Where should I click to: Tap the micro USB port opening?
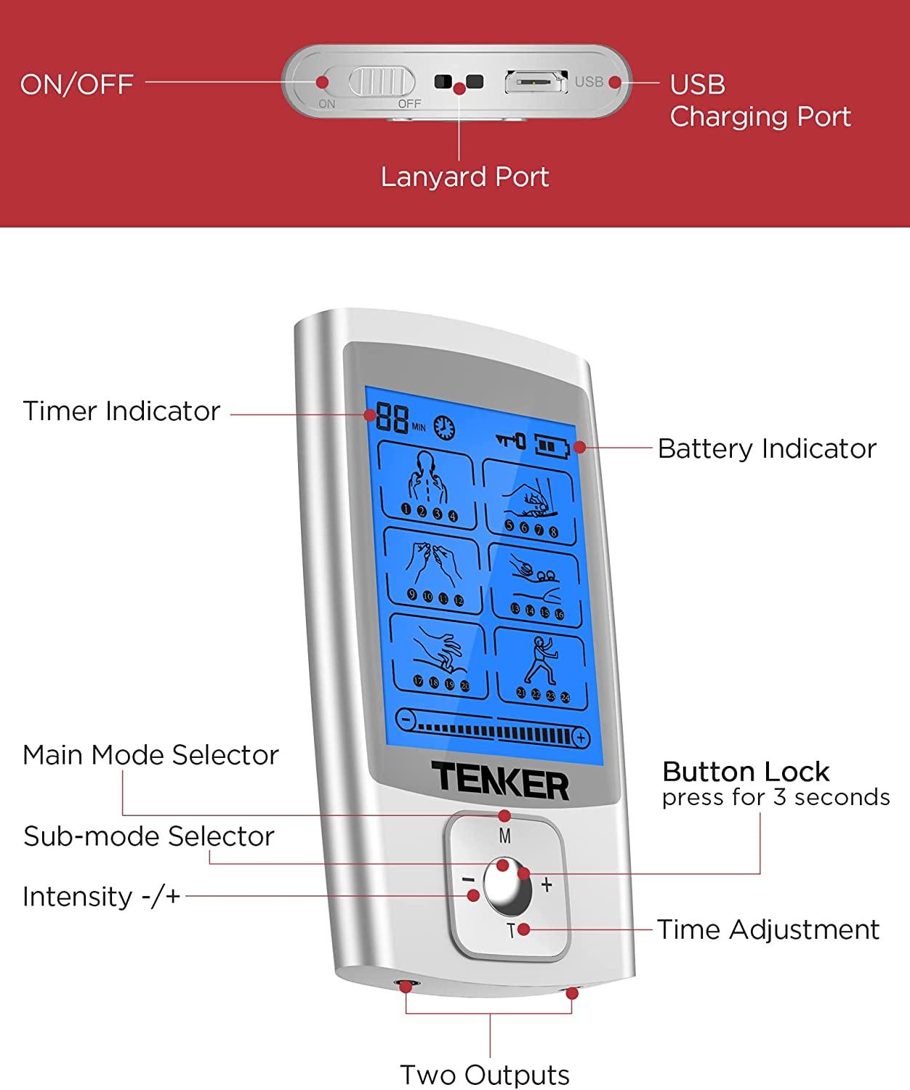pyautogui.click(x=536, y=82)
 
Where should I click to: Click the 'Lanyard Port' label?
pyautogui.click(x=464, y=177)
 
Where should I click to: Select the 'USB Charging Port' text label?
pyautogui.click(x=760, y=100)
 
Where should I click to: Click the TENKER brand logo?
pyautogui.click(x=500, y=781)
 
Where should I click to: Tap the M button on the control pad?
pyautogui.click(x=505, y=836)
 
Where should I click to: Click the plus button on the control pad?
pyautogui.click(x=547, y=884)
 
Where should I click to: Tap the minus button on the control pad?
pyautogui.click(x=467, y=880)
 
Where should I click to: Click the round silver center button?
pyautogui.click(x=507, y=887)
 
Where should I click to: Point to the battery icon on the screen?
pyautogui.click(x=553, y=445)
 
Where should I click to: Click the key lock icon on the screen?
pyautogui.click(x=511, y=440)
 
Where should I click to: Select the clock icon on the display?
pyautogui.click(x=444, y=428)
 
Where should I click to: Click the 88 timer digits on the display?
pyautogui.click(x=392, y=419)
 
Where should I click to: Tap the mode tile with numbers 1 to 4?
pyautogui.click(x=428, y=485)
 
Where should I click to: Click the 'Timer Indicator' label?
pyautogui.click(x=121, y=411)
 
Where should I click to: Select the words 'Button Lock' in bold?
pyautogui.click(x=746, y=772)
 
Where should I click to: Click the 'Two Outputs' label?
pyautogui.click(x=485, y=1074)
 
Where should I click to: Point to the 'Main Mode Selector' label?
pyautogui.click(x=150, y=755)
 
